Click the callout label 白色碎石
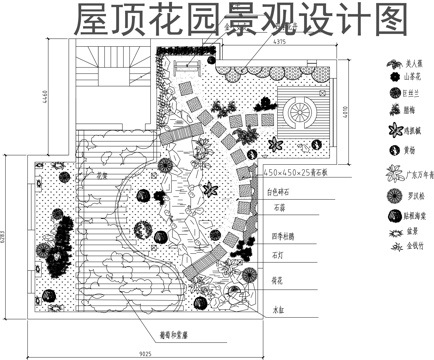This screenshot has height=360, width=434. [286, 190]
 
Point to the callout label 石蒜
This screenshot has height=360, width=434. [280, 210]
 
